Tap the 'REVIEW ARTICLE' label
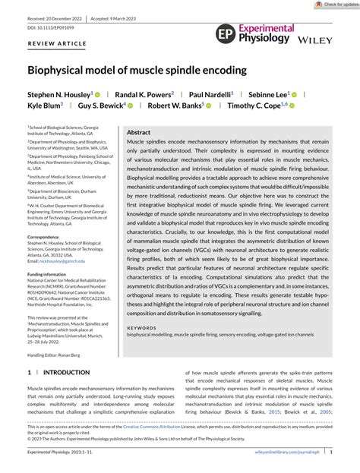coord(56,45)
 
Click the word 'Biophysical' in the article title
coord(65,71)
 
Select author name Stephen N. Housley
coord(59,94)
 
